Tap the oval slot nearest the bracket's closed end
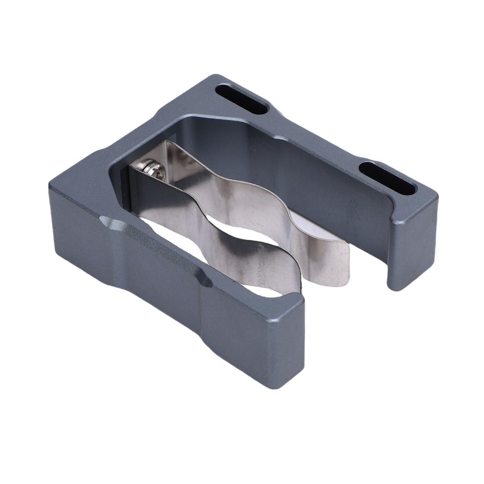tap(241, 99)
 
